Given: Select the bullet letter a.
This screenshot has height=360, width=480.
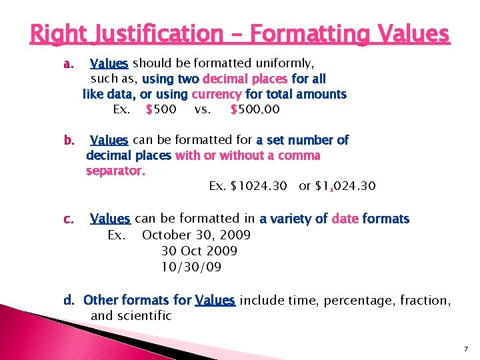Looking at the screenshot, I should [x=67, y=64].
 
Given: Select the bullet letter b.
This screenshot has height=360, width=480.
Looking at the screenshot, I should [x=68, y=141].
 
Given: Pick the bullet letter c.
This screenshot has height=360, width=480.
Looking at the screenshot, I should [x=68, y=219].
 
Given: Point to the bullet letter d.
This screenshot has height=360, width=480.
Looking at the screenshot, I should [x=69, y=301].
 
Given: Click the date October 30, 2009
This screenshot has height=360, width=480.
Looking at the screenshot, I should [x=196, y=235].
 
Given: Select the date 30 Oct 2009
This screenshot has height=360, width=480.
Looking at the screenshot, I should [x=199, y=251].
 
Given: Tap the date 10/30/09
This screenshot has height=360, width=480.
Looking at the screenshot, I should [x=191, y=267].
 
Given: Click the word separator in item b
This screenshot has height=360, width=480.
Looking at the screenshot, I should [x=115, y=171].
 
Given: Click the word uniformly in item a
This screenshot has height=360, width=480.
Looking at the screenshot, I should [x=282, y=63].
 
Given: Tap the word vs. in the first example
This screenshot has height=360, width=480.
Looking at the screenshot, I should [x=203, y=109].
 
